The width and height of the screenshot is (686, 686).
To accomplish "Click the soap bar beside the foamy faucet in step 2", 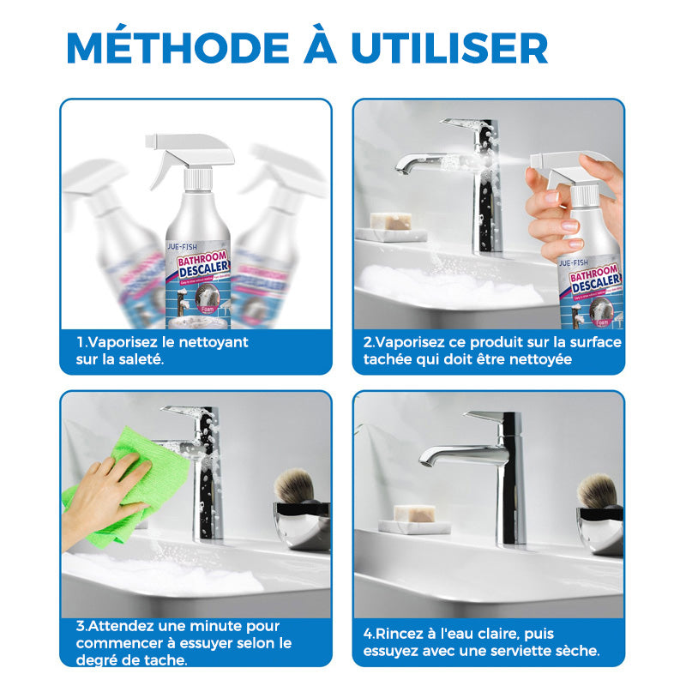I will pos(390,222).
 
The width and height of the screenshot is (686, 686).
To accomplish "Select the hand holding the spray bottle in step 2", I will pos(562,206).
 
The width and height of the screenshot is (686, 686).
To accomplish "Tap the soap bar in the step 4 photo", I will pos(414,514).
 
